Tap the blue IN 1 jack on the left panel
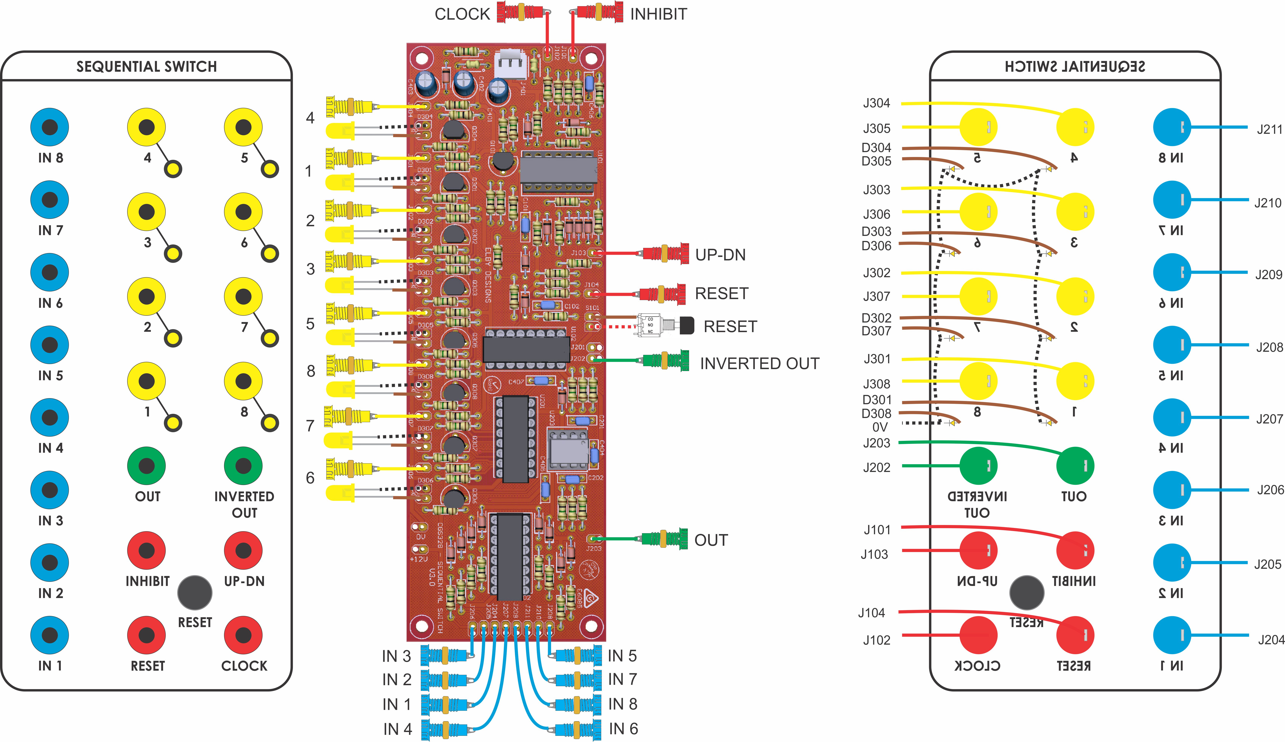[49, 635]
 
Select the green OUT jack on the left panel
[146, 466]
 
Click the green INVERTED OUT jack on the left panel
[243, 466]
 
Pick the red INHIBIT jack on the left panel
[146, 550]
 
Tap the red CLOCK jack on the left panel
[243, 635]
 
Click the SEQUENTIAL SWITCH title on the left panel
[146, 67]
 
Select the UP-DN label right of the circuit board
[720, 255]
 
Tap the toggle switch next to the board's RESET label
[663, 325]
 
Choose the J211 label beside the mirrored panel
[1269, 129]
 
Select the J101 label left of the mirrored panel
[877, 530]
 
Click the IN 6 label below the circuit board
[623, 729]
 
